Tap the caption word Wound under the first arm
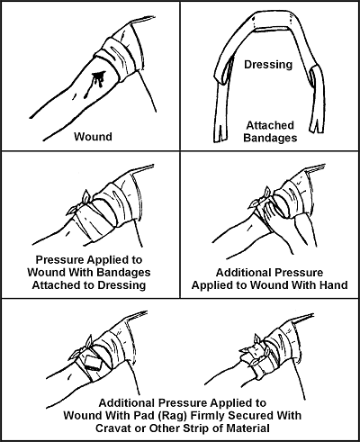[x=94, y=137]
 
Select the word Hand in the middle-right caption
[x=331, y=284]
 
